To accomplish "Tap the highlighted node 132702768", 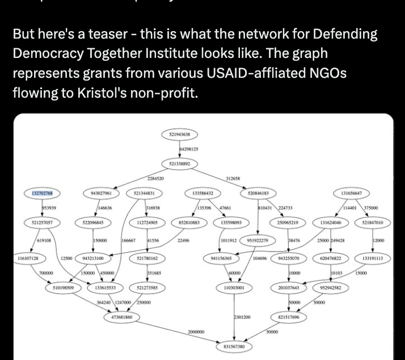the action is [x=42, y=193].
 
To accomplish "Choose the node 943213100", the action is [x=92, y=258].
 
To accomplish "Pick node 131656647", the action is [x=351, y=193].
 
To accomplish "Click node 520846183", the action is [x=258, y=193].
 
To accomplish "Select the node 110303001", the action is [x=234, y=288].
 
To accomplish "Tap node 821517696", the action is [x=289, y=317].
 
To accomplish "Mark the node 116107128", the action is [x=28, y=258].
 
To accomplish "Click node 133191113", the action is [x=373, y=258].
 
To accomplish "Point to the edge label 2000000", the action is [x=196, y=332].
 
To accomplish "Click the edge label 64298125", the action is [x=188, y=149].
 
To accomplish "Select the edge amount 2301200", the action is [x=242, y=316].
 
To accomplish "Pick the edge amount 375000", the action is [x=371, y=208].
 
